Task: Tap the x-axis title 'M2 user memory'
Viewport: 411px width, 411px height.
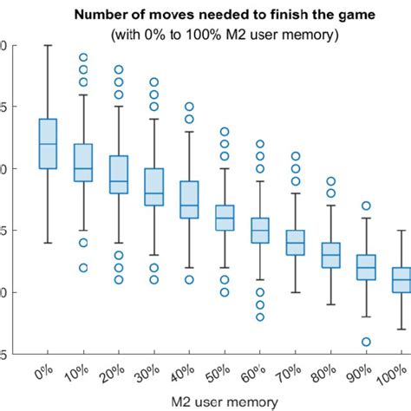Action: coord(225,401)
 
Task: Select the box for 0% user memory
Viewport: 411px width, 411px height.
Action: coord(48,144)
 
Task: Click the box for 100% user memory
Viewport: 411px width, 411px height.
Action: coord(401,280)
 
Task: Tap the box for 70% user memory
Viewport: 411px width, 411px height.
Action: coord(295,243)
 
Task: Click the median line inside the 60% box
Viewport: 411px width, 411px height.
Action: coord(259,231)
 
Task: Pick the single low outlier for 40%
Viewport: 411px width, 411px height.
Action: coord(189,280)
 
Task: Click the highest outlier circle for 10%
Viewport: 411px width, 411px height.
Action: coord(83,58)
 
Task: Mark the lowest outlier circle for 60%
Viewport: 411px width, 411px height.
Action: coord(259,316)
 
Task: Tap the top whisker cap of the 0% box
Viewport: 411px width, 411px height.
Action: coord(48,45)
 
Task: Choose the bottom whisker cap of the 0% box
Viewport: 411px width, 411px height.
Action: coord(48,243)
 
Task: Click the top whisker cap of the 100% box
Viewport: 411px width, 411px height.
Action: coord(401,231)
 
